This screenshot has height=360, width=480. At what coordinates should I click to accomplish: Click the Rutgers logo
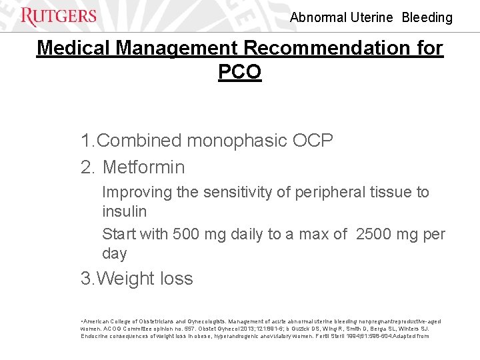point(59,17)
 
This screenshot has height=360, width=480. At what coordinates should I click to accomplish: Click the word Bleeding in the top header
point(427,18)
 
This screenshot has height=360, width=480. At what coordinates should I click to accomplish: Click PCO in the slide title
point(240,71)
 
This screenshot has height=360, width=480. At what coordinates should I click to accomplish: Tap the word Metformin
point(144,167)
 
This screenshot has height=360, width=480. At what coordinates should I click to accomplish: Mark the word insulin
point(125,211)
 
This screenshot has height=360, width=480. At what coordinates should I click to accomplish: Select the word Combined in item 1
point(139,141)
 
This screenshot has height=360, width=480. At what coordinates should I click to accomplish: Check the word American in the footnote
point(99,322)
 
